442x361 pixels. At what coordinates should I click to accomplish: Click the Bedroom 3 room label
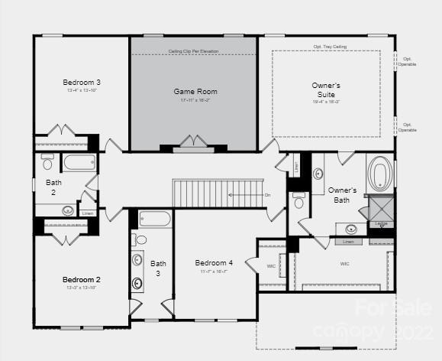[x=82, y=82]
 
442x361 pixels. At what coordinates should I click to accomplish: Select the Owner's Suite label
[x=326, y=89]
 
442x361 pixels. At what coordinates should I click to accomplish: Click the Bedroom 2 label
[x=82, y=279]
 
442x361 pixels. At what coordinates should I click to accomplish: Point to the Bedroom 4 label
[x=214, y=262]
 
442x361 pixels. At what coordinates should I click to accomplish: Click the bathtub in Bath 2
[x=79, y=162]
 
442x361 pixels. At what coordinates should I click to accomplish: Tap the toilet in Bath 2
[x=47, y=163]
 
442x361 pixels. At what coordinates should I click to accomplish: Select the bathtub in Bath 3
[x=155, y=219]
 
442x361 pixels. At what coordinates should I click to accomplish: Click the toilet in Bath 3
[x=140, y=239]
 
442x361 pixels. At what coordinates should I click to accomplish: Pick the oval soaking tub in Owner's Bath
[x=379, y=174]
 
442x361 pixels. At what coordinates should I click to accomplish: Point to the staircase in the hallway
[x=218, y=193]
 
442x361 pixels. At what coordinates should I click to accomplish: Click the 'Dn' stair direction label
[x=267, y=195]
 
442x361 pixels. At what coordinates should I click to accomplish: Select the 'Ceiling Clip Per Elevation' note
[x=193, y=51]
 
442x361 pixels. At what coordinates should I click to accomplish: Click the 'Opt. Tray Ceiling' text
[x=329, y=47]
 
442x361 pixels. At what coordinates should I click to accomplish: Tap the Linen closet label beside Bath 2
[x=88, y=213]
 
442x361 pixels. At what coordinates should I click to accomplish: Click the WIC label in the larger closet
[x=344, y=263]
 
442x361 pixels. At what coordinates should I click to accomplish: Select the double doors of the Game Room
[x=193, y=142]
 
